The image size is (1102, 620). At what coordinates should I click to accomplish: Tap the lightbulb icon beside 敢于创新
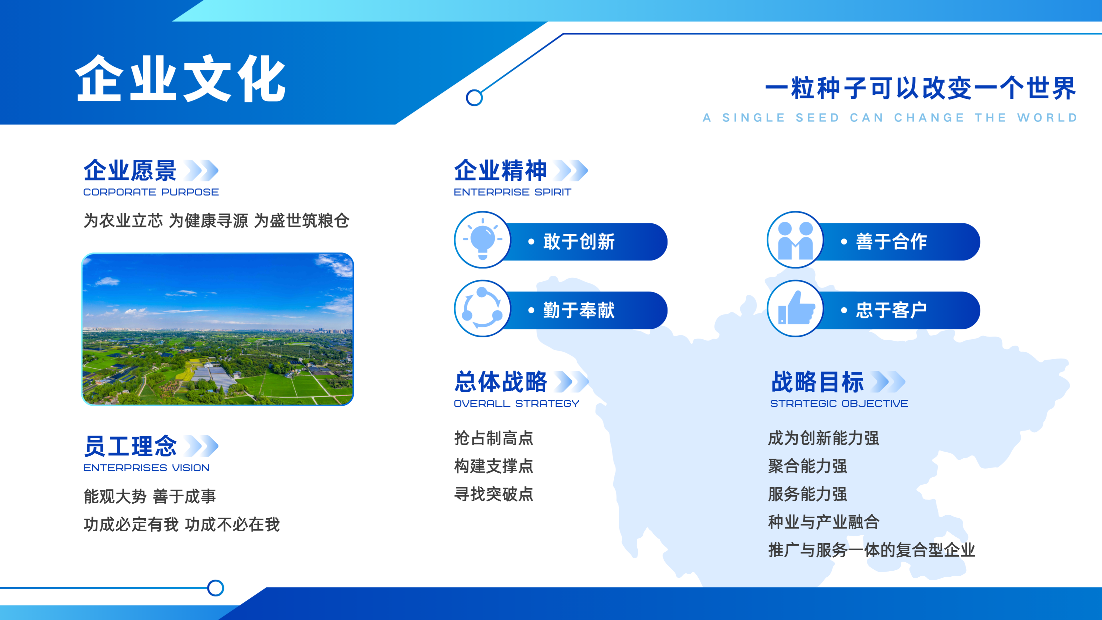click(483, 239)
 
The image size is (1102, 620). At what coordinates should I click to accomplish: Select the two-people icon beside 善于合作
click(795, 240)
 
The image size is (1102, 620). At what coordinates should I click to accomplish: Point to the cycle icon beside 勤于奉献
click(483, 308)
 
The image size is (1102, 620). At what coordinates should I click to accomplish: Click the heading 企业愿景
click(130, 170)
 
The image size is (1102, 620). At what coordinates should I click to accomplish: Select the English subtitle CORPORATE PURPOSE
click(151, 192)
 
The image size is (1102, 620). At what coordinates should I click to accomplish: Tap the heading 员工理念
click(130, 446)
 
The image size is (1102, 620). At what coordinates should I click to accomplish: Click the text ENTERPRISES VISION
click(146, 468)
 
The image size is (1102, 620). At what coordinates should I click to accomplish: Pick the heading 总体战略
click(501, 382)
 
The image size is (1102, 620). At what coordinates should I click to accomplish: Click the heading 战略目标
click(817, 382)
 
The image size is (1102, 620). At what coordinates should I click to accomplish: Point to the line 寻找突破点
click(494, 494)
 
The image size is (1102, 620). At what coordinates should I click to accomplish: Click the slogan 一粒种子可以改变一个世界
click(920, 88)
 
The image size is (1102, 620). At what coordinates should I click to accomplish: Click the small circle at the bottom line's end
click(216, 588)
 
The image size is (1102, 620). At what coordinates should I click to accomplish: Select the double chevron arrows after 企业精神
click(571, 170)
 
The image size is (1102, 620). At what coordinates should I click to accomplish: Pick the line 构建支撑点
click(494, 466)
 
